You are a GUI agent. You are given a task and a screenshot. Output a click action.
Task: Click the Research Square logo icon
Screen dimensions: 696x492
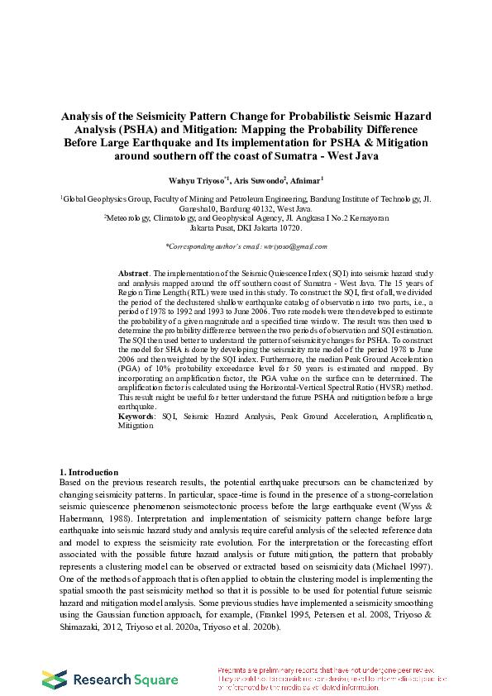tap(55, 679)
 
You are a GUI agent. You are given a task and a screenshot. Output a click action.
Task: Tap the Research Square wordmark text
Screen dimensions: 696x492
tap(125, 679)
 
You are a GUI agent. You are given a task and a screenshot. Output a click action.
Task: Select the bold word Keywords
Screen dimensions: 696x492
tap(136, 417)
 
